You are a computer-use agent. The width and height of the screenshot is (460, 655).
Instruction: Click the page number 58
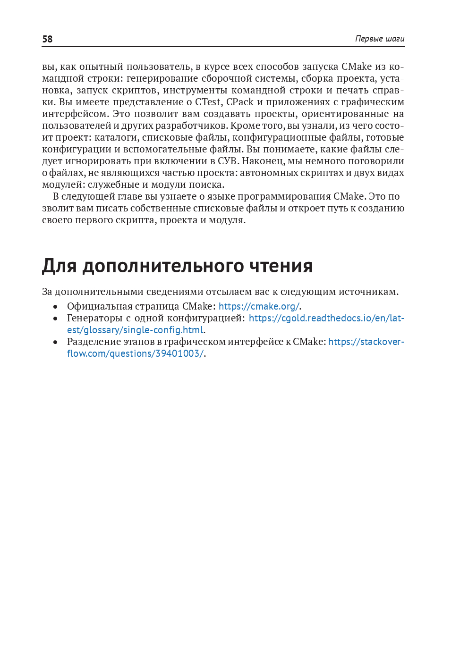coord(47,39)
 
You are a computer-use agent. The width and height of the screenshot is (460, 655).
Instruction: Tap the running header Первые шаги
coord(379,39)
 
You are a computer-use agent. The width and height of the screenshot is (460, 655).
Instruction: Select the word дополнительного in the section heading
coord(163,266)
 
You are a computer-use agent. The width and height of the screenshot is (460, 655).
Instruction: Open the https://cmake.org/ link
coord(259,306)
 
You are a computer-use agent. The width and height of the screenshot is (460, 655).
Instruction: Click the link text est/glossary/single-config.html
coord(135,330)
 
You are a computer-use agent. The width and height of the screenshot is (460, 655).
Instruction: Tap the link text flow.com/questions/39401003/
coord(135,353)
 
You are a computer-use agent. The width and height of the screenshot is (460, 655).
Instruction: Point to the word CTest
coord(208,102)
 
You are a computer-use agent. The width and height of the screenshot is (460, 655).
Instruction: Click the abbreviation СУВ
coord(228,161)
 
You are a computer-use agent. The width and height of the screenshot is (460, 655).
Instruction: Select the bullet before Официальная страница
coord(56,307)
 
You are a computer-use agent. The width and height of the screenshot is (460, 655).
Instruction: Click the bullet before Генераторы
coord(56,319)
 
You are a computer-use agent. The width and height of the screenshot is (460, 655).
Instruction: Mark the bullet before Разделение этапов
coord(56,342)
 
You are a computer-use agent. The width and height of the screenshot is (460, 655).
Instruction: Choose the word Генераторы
coord(94,318)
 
